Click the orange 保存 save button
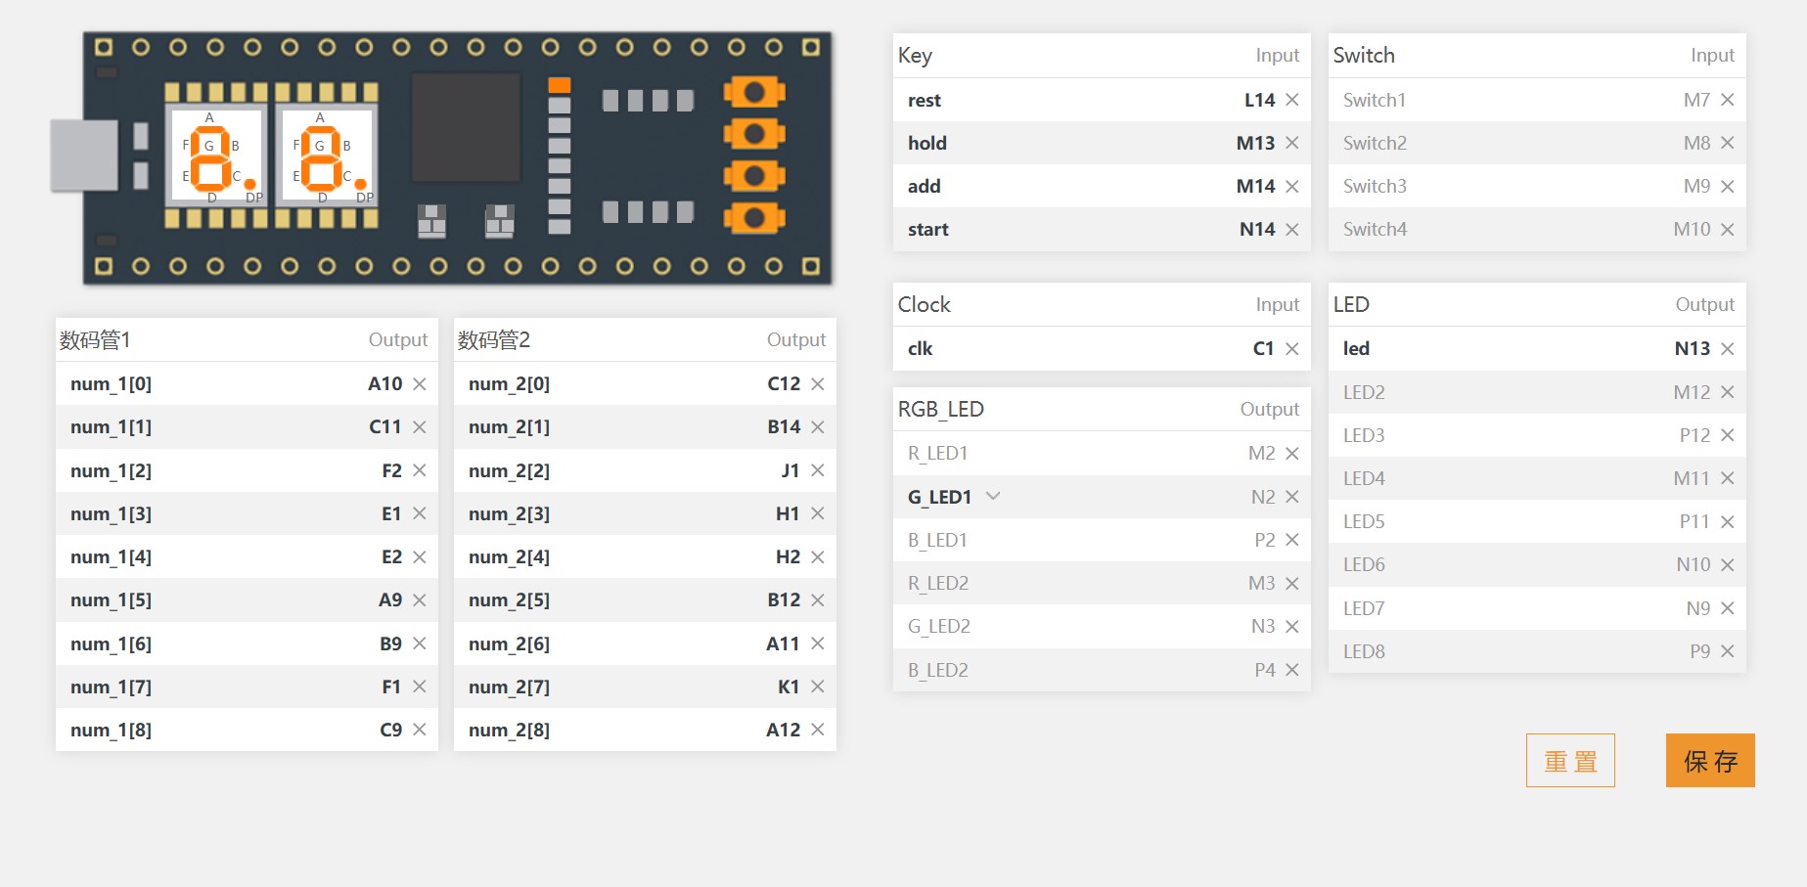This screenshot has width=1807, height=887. pos(1710,760)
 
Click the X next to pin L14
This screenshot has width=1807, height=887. pos(1292,100)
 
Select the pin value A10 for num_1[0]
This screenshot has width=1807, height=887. pos(384,383)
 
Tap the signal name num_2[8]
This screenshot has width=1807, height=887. pos(509,730)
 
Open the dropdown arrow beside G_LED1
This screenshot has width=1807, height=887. pos(993,496)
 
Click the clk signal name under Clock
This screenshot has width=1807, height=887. pos(920,348)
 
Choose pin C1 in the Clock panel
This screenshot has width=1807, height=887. pos(1263,348)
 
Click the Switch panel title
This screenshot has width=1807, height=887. pos(1364,55)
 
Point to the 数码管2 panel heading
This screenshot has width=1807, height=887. pos(494,339)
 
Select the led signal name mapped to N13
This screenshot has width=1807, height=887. pos(1356,348)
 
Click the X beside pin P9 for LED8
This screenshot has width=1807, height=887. pos(1728,651)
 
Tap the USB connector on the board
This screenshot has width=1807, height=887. pos(84,155)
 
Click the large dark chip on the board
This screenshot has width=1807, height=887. pos(466,127)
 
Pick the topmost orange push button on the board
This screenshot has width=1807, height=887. pos(754,92)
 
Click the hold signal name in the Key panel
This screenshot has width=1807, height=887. pos(926,143)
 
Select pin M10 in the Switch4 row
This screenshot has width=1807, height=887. pos(1692,229)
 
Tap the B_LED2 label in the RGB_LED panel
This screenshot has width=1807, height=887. pos(938,670)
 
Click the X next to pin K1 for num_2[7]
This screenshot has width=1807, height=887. pos(818,687)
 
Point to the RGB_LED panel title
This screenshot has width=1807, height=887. pos(941,409)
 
